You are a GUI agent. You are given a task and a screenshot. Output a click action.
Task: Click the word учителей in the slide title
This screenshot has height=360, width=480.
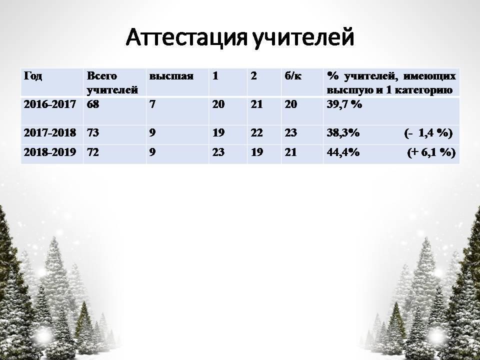coord(304,38)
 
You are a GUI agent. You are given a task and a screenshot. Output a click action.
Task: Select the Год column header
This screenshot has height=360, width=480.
coord(33,76)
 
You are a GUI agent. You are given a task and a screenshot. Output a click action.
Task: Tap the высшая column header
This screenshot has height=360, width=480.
coord(171,76)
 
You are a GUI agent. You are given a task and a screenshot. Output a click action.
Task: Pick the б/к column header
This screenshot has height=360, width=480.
coord(293,76)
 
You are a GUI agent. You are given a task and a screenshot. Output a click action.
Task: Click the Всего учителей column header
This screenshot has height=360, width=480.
coord(112,83)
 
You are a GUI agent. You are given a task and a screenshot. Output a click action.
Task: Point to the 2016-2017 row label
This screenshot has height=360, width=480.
coord(50,104)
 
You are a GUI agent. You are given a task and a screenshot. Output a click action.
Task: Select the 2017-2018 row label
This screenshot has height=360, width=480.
coord(50,133)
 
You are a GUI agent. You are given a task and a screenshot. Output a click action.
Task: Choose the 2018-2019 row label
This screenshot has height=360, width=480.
coord(50,152)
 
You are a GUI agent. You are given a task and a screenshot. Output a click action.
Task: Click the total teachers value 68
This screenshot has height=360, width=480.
coord(93,104)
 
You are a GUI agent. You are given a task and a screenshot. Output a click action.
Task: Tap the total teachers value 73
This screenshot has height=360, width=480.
coord(93,133)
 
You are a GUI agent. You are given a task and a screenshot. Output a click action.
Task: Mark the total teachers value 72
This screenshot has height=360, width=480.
coord(93,152)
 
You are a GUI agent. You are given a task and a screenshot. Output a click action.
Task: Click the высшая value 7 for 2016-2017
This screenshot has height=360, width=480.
coord(152,104)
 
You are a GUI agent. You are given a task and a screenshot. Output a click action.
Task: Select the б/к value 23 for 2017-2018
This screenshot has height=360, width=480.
coord(291,133)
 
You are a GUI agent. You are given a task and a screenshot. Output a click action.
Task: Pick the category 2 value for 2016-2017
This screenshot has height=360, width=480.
coord(256,104)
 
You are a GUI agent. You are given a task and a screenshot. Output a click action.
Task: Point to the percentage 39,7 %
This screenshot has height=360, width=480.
coord(344,104)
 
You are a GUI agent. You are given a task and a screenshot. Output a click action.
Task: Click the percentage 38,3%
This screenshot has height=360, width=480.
coord(343,133)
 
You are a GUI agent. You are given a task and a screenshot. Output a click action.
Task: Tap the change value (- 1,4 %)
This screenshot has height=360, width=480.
coord(428,133)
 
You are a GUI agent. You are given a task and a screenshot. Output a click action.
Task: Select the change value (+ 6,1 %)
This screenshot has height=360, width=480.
coord(431,152)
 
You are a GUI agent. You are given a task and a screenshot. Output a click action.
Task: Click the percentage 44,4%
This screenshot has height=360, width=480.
coord(343,152)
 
